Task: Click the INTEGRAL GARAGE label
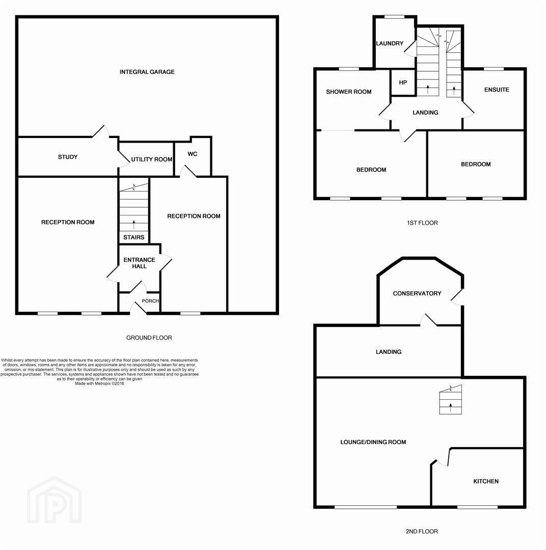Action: tap(147, 72)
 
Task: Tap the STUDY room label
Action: tap(68, 157)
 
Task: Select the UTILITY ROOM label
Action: tap(152, 159)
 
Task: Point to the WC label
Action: tap(193, 154)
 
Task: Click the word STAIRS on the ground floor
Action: tap(133, 237)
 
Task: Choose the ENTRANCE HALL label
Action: tap(140, 263)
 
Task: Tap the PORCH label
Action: tap(150, 301)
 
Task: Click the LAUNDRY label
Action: tap(390, 43)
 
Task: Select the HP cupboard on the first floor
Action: tap(403, 82)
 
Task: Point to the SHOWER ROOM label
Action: tap(349, 92)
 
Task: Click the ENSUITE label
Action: tap(497, 90)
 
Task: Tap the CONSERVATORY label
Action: tap(417, 293)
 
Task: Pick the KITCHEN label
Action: tap(486, 481)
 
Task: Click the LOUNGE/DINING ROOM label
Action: tap(373, 443)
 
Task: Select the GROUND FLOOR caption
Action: tap(149, 338)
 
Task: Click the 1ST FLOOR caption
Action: tap(422, 223)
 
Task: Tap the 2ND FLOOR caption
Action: tap(422, 531)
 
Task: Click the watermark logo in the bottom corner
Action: tap(54, 500)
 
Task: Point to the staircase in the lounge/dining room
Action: tap(451, 400)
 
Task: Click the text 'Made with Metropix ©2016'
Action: tap(99, 384)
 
